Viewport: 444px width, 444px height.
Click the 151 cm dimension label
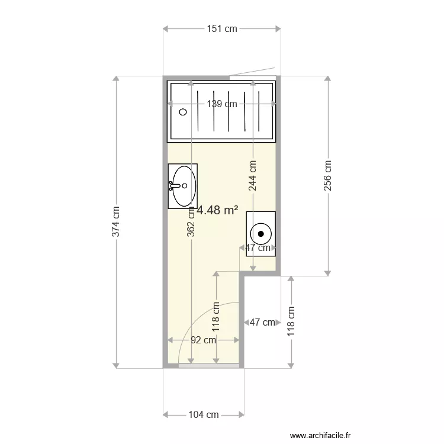pyautogui.click(x=221, y=28)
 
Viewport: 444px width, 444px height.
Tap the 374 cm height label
pyautogui.click(x=116, y=221)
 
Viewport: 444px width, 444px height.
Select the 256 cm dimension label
pyautogui.click(x=327, y=175)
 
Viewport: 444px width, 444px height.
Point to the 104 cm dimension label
pyautogui.click(x=204, y=415)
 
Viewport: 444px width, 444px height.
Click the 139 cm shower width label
pyautogui.click(x=221, y=104)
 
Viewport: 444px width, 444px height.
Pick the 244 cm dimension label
pyautogui.click(x=253, y=175)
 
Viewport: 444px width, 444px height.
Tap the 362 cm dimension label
pyautogui.click(x=191, y=221)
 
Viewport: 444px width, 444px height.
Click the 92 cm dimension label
pyautogui.click(x=203, y=340)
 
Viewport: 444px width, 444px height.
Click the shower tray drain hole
pyautogui.click(x=183, y=111)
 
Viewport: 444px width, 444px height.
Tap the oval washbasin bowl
pyautogui.click(x=184, y=186)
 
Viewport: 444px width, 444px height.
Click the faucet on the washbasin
pyautogui.click(x=173, y=186)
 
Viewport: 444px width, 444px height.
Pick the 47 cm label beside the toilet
pyautogui.click(x=258, y=248)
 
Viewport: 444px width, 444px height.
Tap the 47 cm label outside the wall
pyautogui.click(x=262, y=323)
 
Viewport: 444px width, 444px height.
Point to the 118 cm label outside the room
pyautogui.click(x=291, y=321)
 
